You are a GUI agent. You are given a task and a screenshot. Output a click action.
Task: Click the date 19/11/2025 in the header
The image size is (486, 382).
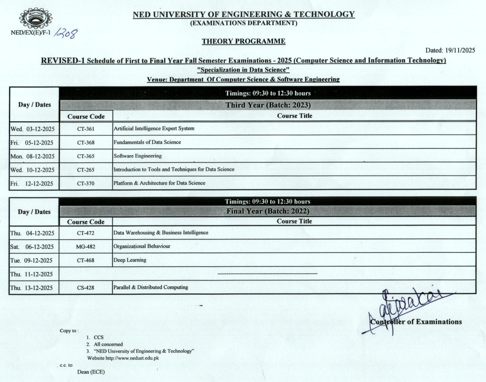(x=460, y=50)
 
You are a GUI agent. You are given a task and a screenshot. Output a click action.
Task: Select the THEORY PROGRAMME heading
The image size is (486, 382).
(x=243, y=41)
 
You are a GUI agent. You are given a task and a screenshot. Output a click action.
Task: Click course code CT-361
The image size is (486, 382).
(x=86, y=129)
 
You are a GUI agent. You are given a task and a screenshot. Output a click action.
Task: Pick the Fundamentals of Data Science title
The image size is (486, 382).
(x=147, y=142)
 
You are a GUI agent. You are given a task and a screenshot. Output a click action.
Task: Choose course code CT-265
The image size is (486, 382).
(x=86, y=170)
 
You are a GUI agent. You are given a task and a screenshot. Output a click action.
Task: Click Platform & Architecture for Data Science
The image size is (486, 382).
(x=159, y=183)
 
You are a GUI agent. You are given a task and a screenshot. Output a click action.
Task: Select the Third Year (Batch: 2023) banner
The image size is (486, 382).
(x=268, y=105)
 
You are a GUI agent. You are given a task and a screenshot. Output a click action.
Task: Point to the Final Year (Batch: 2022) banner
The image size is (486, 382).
(x=268, y=211)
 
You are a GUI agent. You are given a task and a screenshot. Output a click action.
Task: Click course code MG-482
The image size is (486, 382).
(x=86, y=247)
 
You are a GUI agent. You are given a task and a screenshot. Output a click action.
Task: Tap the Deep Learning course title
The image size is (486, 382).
(x=130, y=260)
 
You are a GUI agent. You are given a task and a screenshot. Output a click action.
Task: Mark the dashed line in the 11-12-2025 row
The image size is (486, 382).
(x=267, y=273)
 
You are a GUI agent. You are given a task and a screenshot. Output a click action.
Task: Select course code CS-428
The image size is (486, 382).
(x=86, y=288)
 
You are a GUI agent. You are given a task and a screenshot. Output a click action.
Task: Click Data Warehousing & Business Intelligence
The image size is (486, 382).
(x=161, y=233)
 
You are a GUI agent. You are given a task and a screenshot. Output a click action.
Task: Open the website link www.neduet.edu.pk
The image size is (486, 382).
(x=132, y=358)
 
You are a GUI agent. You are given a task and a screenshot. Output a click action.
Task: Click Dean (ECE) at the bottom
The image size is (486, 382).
(x=91, y=372)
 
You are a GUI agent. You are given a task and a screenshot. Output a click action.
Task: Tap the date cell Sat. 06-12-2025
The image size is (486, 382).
(x=32, y=247)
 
